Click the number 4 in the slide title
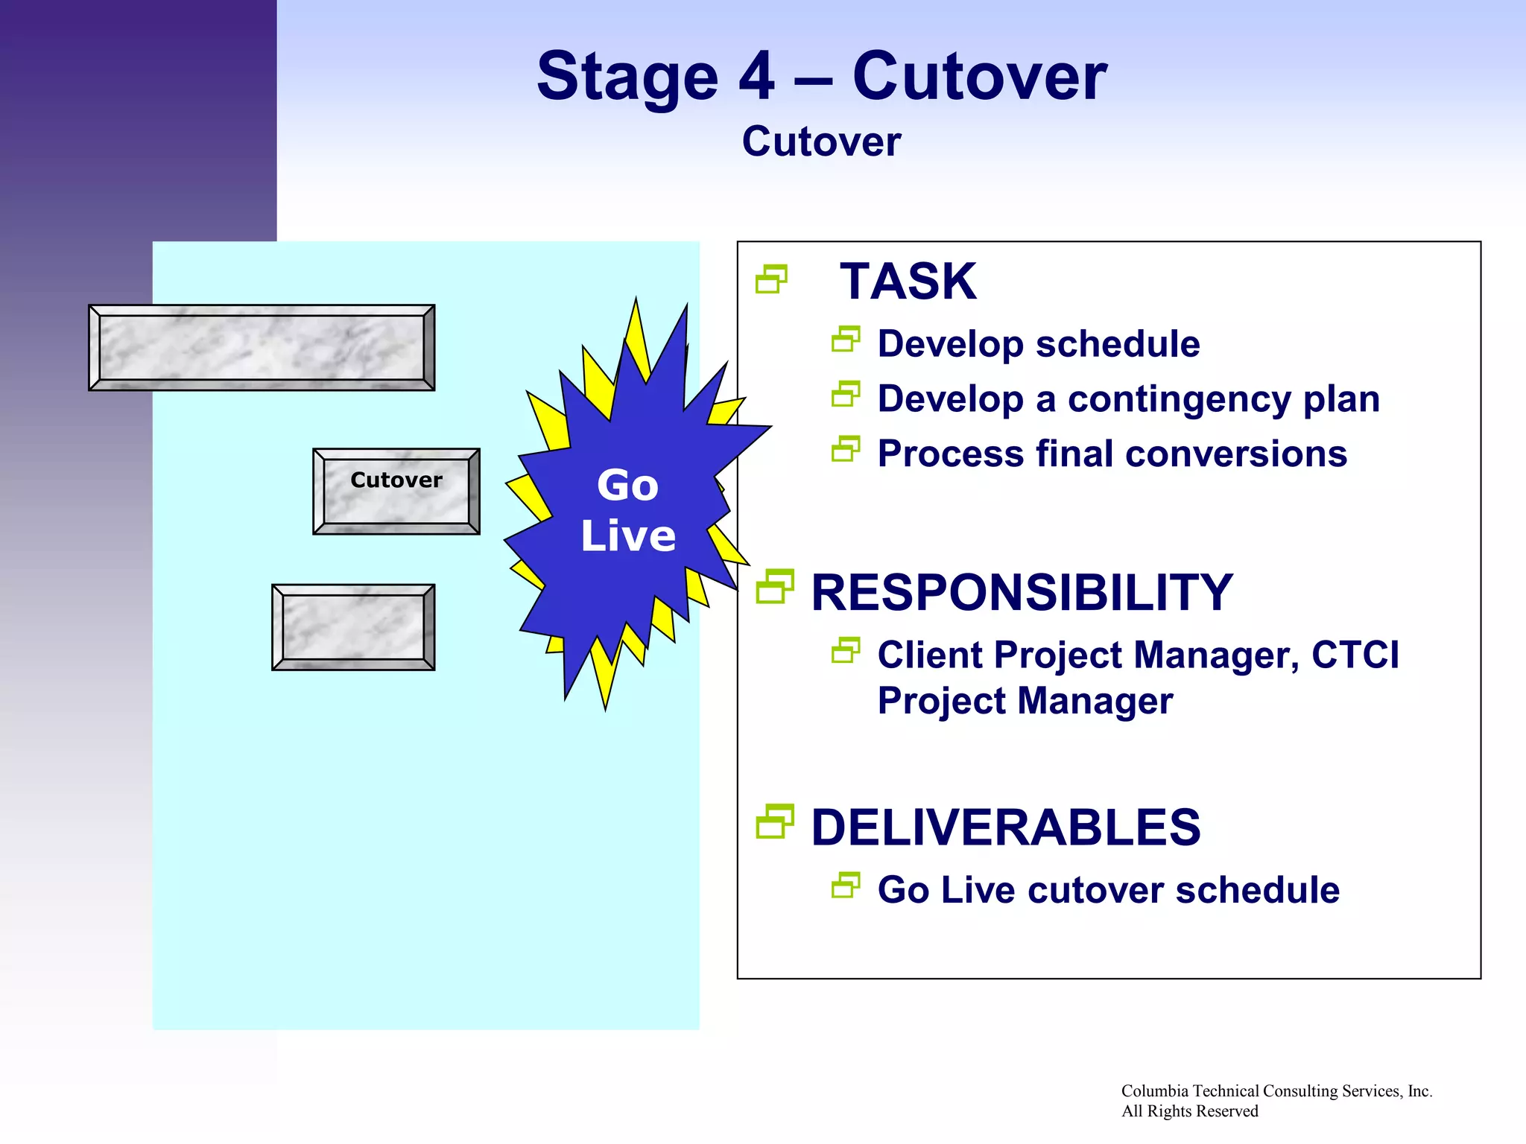756,77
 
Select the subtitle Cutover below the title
821,142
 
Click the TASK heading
908,282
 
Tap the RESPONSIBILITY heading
1022,593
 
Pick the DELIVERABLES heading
1005,827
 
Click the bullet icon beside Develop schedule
846,340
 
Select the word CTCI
1355,655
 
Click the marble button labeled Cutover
396,491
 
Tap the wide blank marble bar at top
262,347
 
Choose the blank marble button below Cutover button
353,627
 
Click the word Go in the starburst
627,486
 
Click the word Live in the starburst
628,536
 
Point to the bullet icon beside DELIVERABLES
774,822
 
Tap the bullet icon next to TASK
771,279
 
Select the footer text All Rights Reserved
1189,1111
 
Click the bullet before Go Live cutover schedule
846,886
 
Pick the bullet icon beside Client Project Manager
846,651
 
